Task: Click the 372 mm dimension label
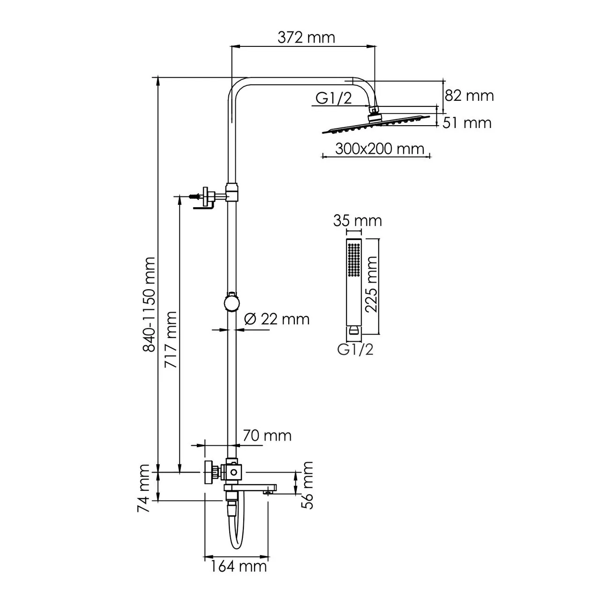pos(307,37)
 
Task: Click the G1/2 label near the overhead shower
pos(333,98)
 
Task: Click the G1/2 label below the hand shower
pos(355,349)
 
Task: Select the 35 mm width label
pos(357,220)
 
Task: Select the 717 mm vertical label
pos(171,339)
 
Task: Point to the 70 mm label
pos(267,435)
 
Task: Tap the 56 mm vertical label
pos(307,485)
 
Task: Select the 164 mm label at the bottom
pos(238,566)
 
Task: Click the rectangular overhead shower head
pos(375,124)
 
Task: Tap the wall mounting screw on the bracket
pos(195,197)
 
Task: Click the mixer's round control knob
pos(208,473)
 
